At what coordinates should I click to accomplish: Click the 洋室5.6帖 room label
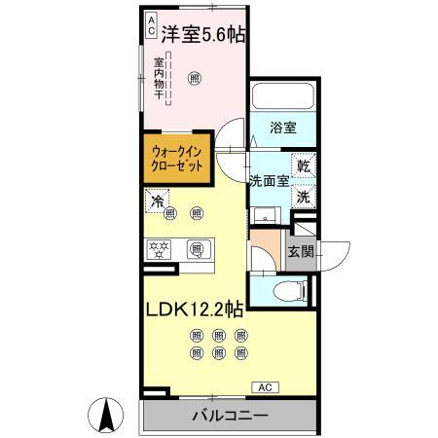coord(202,33)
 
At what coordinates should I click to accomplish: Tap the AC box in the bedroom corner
coord(152,25)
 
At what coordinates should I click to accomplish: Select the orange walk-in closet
coord(177,159)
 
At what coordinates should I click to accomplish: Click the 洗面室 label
coord(268,180)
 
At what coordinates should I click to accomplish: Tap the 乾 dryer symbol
coord(304,166)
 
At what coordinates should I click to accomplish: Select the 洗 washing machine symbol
coord(304,196)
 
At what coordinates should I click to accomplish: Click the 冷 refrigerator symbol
coord(156,201)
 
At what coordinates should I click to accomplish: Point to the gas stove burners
coord(160,249)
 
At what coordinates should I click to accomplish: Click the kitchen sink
coord(197,249)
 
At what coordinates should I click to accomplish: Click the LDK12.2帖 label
coord(194,310)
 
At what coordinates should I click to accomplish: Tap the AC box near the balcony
coord(264,387)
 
